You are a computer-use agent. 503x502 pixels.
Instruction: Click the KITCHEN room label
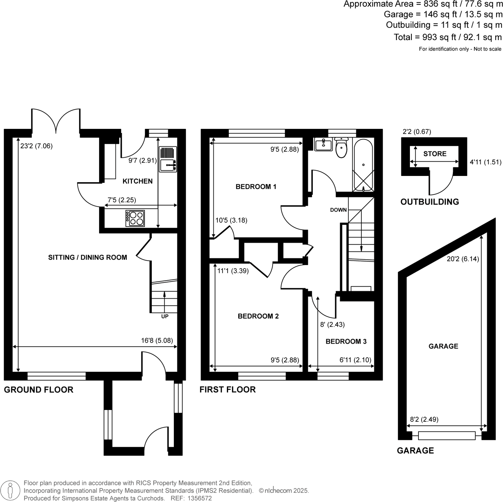[x=137, y=181]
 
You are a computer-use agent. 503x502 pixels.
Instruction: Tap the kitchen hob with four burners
[x=135, y=219]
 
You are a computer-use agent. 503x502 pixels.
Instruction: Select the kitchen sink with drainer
[x=168, y=159]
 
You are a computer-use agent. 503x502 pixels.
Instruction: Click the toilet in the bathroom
[x=341, y=148]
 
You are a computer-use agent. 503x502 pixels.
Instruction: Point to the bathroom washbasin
[x=323, y=145]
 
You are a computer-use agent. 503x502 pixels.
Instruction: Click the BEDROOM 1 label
[x=256, y=187]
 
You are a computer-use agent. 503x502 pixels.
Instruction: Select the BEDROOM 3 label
[x=346, y=342]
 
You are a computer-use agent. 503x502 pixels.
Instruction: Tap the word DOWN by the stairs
[x=338, y=210]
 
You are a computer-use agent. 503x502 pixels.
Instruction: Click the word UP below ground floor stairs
[x=165, y=317]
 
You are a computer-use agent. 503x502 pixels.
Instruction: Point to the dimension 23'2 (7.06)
[x=36, y=146]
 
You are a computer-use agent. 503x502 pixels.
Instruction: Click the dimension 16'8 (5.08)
[x=157, y=341]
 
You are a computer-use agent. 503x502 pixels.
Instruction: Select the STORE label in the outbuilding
[x=435, y=154]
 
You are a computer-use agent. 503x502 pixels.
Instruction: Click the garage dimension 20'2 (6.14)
[x=463, y=259]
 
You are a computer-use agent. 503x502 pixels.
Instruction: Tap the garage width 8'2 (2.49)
[x=424, y=420]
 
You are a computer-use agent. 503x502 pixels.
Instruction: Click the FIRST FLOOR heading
[x=228, y=390]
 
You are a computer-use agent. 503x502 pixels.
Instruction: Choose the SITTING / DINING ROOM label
[x=87, y=258]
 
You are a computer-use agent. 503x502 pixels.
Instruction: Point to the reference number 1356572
[x=200, y=499]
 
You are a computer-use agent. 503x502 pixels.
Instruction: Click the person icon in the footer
[x=10, y=491]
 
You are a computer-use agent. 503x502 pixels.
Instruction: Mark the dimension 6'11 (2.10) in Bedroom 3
[x=355, y=360]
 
